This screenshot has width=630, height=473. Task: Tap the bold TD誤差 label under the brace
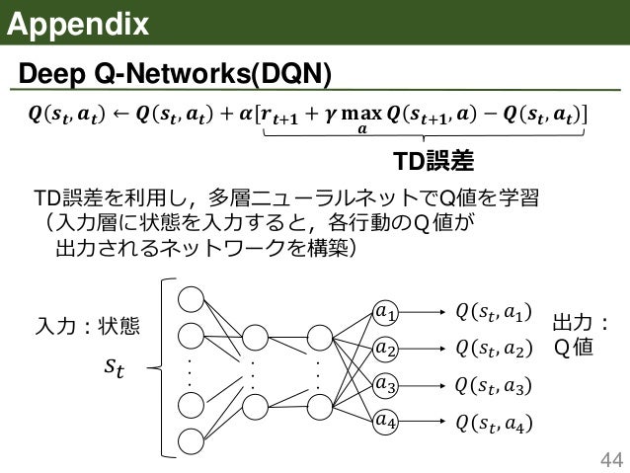(433, 161)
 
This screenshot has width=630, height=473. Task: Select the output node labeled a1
(387, 314)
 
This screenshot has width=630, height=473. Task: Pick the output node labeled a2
(387, 349)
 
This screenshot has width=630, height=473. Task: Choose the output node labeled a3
(387, 384)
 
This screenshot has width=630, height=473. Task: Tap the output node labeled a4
(387, 420)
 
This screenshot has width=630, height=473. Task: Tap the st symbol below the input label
(116, 368)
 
